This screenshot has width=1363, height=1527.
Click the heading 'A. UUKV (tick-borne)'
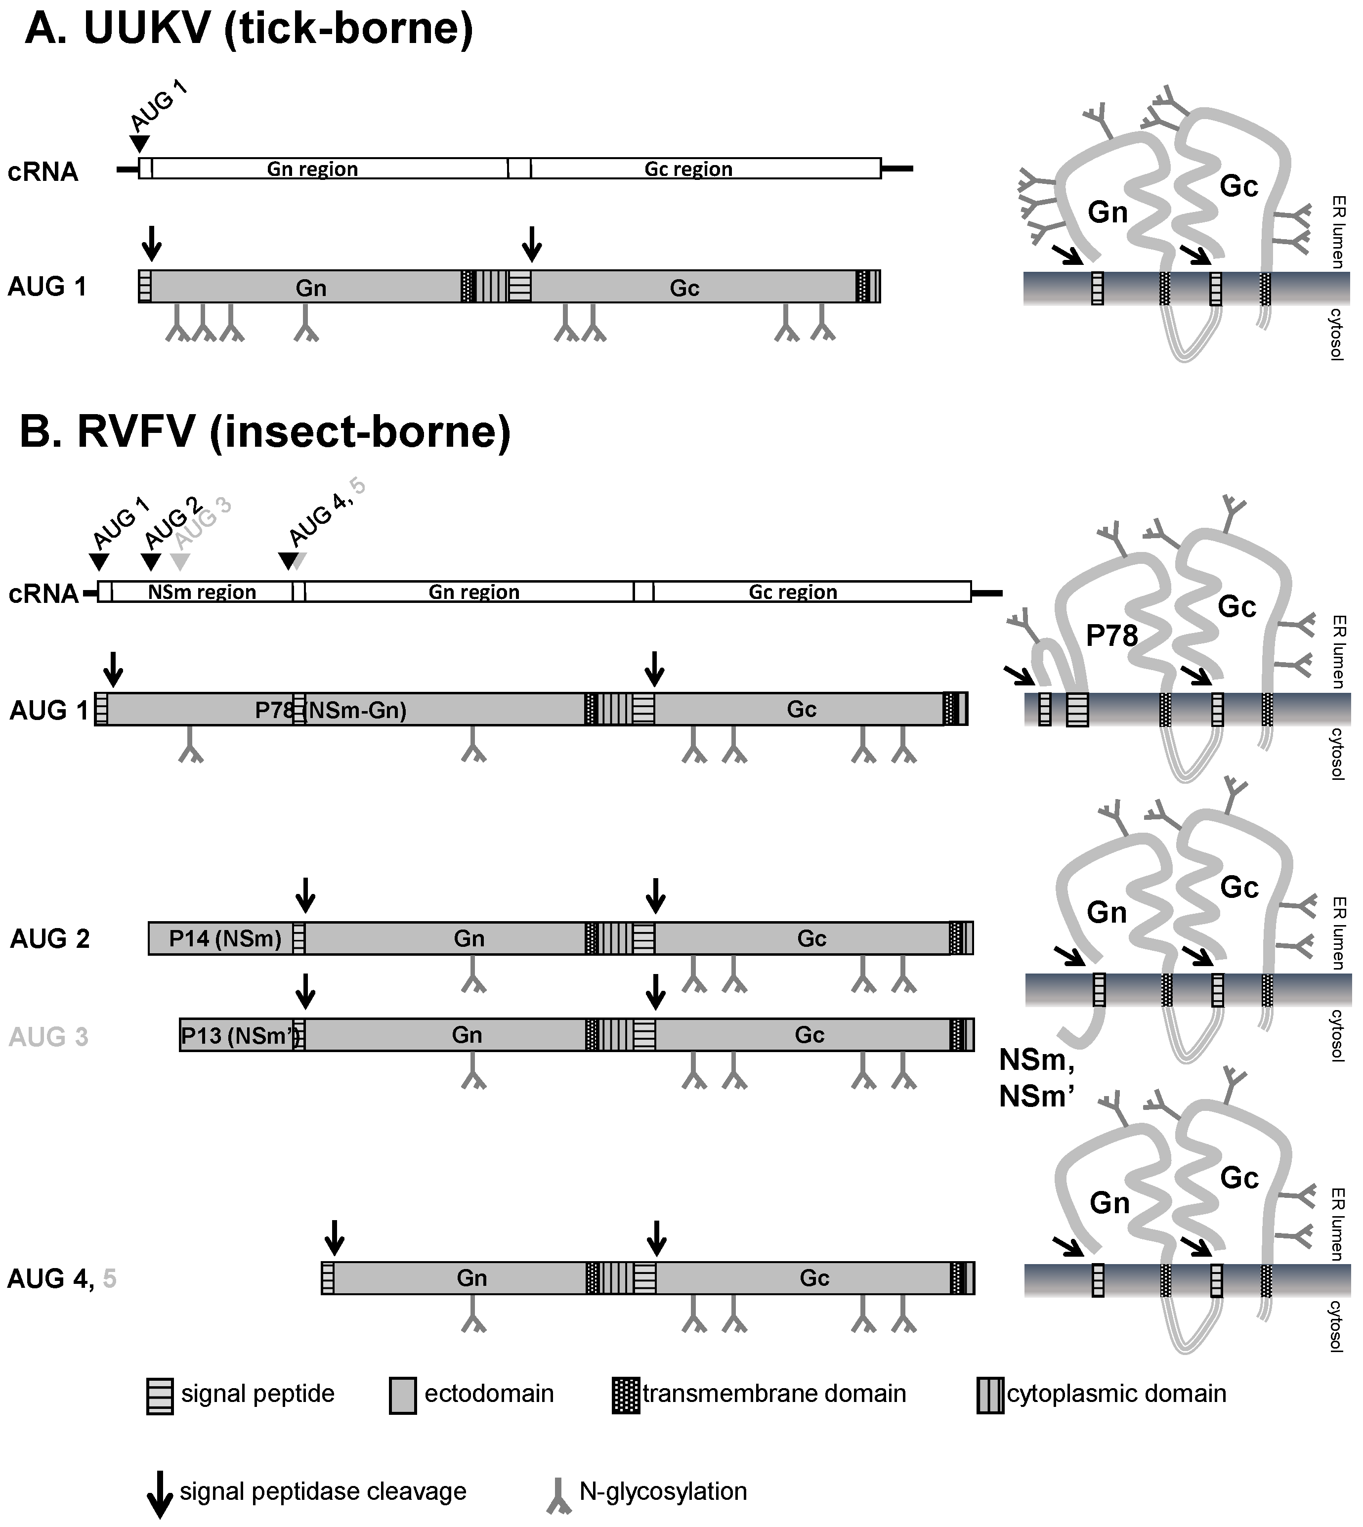(249, 30)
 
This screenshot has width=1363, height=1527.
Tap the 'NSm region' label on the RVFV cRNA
(202, 593)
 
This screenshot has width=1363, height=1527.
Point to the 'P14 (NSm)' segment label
(225, 938)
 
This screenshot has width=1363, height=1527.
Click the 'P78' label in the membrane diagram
(1111, 636)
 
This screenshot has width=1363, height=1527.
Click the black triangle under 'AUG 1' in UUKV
(139, 143)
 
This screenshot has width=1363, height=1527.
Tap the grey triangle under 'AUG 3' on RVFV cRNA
(180, 562)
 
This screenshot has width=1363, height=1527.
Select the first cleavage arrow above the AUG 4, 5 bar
(334, 1237)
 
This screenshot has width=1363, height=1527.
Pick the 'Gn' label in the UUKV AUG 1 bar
(311, 288)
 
